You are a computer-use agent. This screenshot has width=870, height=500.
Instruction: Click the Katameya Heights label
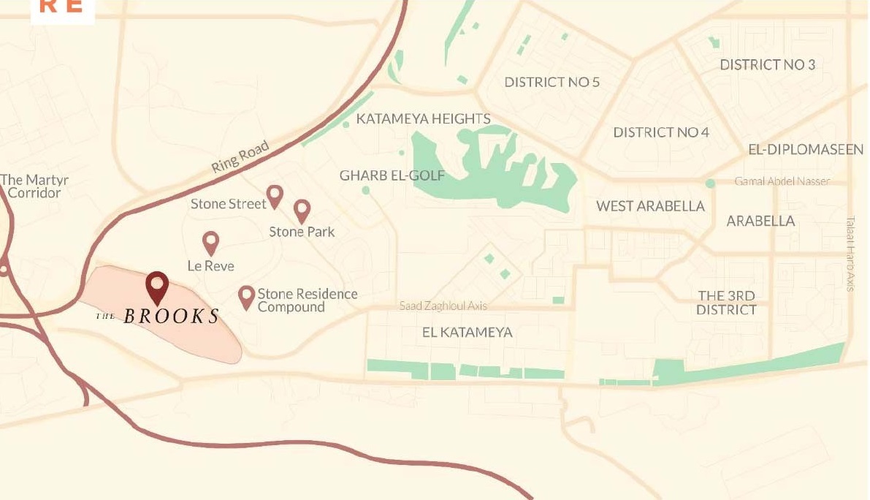423,118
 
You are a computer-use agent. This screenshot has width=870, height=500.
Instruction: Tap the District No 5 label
552,82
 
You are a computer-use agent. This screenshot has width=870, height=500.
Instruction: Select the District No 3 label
767,64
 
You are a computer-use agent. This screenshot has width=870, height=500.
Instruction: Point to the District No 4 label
661,132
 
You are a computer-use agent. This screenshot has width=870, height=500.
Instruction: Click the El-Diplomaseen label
806,150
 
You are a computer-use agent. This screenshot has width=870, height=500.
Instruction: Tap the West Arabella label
650,206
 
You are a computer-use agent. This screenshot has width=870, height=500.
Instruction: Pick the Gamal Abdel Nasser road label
782,181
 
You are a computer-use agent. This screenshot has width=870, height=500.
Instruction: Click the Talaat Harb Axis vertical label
850,253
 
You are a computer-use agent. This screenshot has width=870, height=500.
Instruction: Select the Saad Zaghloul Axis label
443,306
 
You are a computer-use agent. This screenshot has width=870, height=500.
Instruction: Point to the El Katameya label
468,333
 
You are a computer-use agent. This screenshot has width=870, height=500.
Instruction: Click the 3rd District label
726,303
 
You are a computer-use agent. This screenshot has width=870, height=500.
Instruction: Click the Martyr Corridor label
31,186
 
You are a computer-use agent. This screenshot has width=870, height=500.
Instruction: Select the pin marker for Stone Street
275,195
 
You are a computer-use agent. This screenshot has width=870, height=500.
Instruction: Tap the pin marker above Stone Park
302,211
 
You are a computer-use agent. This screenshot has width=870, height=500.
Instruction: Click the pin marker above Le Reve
210,242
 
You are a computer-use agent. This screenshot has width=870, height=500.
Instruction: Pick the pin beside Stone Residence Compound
247,296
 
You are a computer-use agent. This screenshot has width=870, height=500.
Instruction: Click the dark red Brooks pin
157,286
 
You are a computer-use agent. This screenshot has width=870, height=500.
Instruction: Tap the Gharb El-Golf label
392,176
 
